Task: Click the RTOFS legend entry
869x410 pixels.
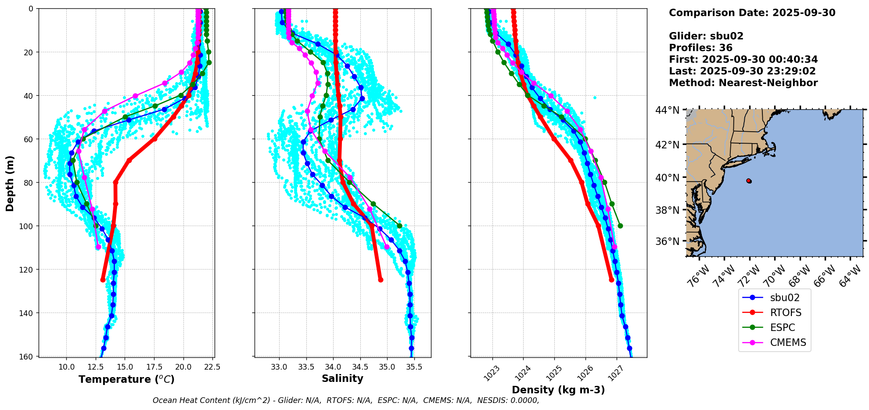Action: (x=785, y=313)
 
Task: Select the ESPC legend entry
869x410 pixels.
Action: (x=782, y=327)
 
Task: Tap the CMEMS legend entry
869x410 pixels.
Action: (x=788, y=342)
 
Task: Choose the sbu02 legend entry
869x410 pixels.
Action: (x=784, y=298)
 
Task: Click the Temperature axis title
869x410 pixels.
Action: (x=126, y=379)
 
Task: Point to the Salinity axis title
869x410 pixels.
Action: (x=342, y=378)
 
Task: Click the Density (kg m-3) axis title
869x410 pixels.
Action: (x=558, y=390)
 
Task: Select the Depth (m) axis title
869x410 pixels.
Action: (x=10, y=183)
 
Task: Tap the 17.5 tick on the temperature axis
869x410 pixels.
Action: (x=154, y=367)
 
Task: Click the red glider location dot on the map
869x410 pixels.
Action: (x=749, y=181)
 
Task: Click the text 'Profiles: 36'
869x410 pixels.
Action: (x=700, y=48)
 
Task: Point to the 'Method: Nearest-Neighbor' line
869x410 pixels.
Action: (x=743, y=83)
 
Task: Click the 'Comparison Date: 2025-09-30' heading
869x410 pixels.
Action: (x=752, y=13)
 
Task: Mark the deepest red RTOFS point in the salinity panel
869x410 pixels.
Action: (x=381, y=280)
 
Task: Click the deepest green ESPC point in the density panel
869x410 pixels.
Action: (x=620, y=226)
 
